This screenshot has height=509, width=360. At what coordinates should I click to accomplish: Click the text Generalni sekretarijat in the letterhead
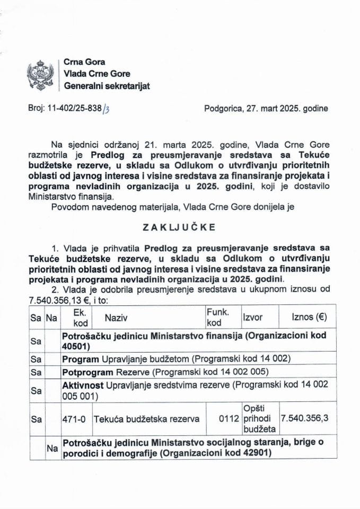click(x=107, y=86)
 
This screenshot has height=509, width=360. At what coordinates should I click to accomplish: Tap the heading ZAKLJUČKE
click(x=179, y=227)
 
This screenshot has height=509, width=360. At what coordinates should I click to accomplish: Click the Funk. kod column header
click(x=217, y=318)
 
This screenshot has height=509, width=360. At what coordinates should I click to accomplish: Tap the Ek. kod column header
click(x=76, y=318)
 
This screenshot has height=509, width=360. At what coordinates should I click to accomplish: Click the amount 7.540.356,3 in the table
click(x=305, y=419)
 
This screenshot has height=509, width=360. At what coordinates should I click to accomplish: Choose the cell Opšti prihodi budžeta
click(x=259, y=419)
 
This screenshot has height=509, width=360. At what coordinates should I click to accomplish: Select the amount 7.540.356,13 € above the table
click(x=60, y=300)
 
